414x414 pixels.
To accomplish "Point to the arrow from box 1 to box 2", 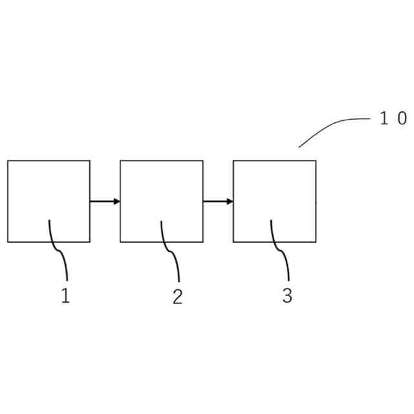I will (103, 201).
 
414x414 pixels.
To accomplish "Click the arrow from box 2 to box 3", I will (217, 201).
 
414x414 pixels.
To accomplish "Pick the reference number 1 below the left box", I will (65, 296).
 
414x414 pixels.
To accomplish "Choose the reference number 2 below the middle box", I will (177, 296).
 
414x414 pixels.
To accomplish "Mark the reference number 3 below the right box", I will (287, 296).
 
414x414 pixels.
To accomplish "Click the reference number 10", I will (393, 119).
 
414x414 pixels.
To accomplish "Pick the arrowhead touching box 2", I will (117, 201).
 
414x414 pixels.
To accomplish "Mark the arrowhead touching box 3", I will (230, 201).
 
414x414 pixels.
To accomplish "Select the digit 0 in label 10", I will (402, 119).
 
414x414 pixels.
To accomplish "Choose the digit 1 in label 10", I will (384, 119).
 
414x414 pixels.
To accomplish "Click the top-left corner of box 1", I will (8, 160).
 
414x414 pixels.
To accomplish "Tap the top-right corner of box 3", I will (316, 160).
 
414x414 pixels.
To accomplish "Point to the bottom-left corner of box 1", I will (8, 242).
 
